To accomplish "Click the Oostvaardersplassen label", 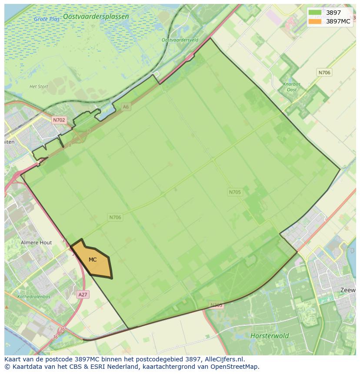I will [x=96, y=17].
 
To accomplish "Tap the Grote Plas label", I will [x=47, y=19].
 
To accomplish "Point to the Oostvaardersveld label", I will [x=180, y=40].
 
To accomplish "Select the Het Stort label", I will [x=39, y=86].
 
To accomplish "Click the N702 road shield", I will [x=59, y=120].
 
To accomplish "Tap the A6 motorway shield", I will [x=126, y=106].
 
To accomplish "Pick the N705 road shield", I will [x=234, y=192].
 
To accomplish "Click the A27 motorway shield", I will [x=83, y=295].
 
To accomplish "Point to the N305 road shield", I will [x=216, y=305].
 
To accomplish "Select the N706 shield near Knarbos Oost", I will [x=324, y=73].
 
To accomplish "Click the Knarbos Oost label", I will [x=292, y=87].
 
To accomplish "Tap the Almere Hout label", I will [x=36, y=242].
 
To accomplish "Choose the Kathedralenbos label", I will [x=33, y=297].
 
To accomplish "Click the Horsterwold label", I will [x=269, y=336].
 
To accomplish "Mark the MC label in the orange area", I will [x=93, y=260].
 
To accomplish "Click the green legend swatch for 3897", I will [x=315, y=13].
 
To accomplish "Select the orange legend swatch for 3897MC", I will [x=315, y=21].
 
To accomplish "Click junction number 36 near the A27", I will [x=62, y=330].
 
